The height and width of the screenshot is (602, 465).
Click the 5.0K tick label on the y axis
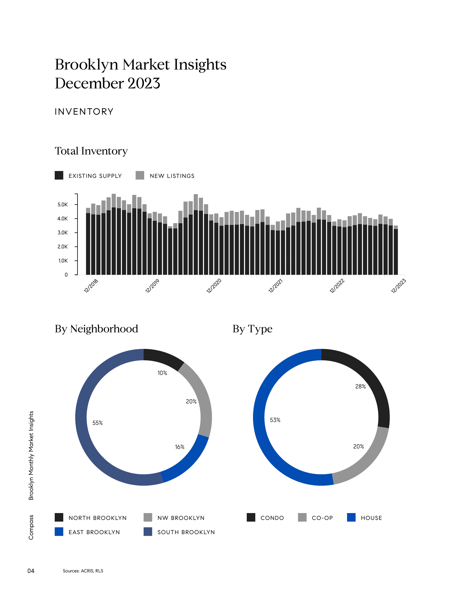point(63,204)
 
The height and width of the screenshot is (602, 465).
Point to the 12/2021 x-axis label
point(275,286)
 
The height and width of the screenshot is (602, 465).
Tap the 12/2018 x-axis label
point(91,286)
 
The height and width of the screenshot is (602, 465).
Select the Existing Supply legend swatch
point(59,175)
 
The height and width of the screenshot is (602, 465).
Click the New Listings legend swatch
point(140,175)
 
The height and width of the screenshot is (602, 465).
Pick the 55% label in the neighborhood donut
point(98,423)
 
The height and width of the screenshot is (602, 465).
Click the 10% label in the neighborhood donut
point(162,373)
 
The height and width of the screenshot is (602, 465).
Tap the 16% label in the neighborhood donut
point(180,447)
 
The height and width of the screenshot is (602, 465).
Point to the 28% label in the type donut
point(360,386)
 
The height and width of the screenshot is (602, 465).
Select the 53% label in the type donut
point(275,420)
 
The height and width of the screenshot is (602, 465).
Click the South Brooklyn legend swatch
point(148,532)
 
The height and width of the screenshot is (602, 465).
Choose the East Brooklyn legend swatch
point(59,532)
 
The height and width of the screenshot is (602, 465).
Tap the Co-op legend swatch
point(302,517)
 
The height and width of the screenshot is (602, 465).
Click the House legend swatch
point(351,517)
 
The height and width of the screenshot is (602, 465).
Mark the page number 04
point(31,571)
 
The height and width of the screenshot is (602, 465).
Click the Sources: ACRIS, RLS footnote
point(83,571)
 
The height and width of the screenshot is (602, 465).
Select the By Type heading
point(252,329)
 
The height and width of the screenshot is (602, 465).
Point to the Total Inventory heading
point(91,151)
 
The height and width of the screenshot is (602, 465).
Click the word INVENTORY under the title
point(84,112)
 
